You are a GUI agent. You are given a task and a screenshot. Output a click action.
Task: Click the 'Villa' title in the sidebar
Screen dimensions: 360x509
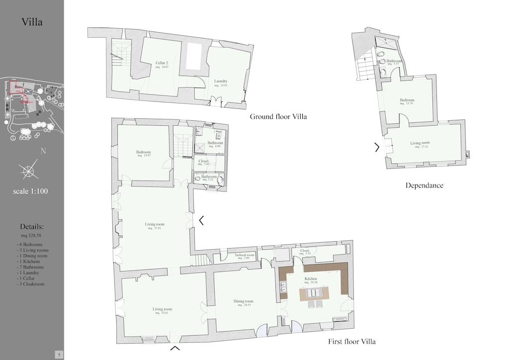[32, 22]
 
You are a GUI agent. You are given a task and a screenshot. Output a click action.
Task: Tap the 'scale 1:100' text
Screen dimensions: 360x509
[31, 191]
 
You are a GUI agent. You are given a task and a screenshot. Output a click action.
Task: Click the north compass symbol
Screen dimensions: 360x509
[29, 170]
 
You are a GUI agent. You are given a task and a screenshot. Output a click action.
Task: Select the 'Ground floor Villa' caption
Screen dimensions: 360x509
[278, 117]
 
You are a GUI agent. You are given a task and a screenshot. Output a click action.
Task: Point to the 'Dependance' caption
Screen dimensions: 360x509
[424, 185]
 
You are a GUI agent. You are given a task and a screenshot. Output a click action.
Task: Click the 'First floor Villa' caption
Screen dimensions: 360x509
[351, 342]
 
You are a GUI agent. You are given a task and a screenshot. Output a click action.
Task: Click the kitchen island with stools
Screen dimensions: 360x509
[314, 293]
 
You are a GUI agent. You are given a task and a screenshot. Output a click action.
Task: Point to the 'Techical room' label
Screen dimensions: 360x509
[244, 256]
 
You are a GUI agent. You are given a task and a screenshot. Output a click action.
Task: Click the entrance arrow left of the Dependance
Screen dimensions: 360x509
[377, 147]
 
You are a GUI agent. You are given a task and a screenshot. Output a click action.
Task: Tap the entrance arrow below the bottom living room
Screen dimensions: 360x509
[175, 349]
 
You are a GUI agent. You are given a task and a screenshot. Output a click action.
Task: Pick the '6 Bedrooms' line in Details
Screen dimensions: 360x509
[30, 245]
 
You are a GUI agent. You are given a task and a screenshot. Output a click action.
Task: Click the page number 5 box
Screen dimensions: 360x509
[59, 355]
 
